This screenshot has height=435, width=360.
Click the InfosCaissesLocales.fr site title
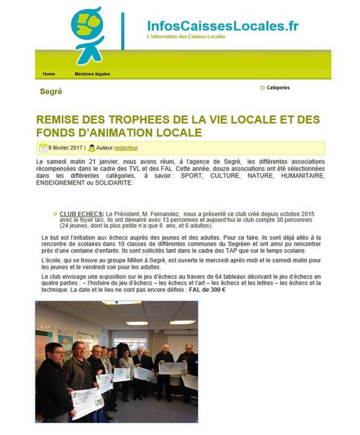click(x=222, y=26)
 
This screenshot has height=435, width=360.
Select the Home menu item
click(x=49, y=74)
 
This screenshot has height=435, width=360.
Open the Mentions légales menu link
click(x=92, y=74)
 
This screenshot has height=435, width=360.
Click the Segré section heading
click(x=51, y=91)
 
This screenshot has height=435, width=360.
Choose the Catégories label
click(x=278, y=88)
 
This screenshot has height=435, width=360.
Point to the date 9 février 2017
click(x=65, y=148)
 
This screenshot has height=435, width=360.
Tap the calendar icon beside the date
click(x=43, y=148)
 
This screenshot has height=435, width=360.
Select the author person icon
click(x=91, y=148)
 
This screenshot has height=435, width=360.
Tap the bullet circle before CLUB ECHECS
click(x=55, y=213)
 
